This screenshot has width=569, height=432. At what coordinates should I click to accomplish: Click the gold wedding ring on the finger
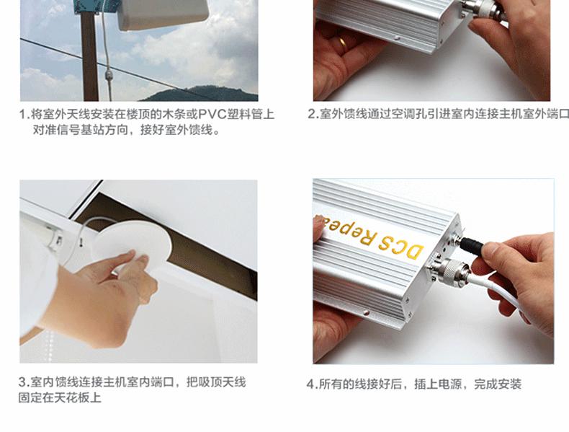pyautogui.click(x=342, y=43)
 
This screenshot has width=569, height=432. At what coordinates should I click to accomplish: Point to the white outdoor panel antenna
pyautogui.click(x=163, y=14)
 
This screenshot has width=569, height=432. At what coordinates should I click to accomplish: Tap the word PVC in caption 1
pyautogui.click(x=212, y=114)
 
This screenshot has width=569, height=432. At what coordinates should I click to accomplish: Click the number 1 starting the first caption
pyautogui.click(x=23, y=115)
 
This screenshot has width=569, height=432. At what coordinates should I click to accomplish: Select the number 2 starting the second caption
pyautogui.click(x=311, y=114)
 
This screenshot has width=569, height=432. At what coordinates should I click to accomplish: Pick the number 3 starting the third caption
pyautogui.click(x=22, y=382)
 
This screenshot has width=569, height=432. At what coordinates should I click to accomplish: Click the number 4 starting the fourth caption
pyautogui.click(x=310, y=384)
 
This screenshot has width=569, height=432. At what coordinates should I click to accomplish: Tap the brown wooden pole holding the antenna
pyautogui.click(x=89, y=58)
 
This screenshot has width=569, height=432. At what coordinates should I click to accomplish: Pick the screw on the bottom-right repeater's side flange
pyautogui.click(x=366, y=312)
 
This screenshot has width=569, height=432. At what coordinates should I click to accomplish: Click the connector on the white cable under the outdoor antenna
pyautogui.click(x=109, y=76)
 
